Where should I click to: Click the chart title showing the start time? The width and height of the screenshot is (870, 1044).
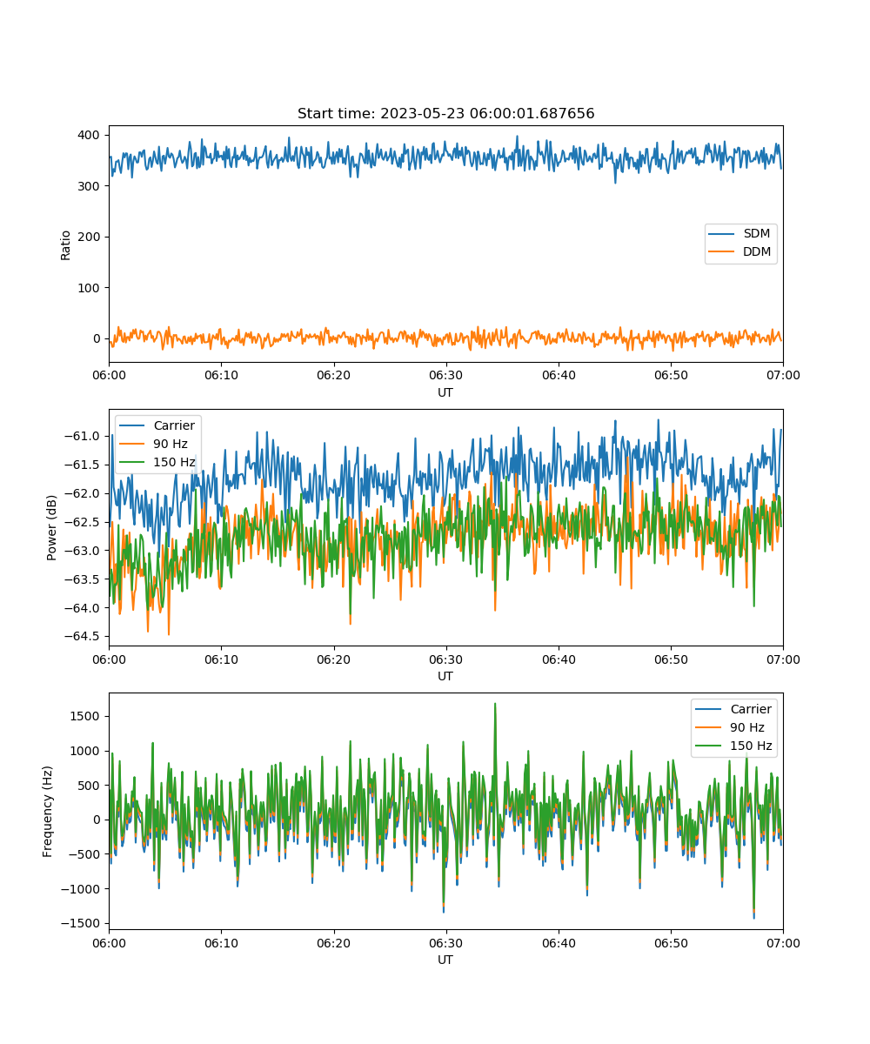point(445,113)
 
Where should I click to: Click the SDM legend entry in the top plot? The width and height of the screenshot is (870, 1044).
point(739,233)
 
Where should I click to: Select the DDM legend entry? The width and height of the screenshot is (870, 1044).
point(739,251)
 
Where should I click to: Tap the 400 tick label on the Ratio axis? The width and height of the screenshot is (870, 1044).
point(89,135)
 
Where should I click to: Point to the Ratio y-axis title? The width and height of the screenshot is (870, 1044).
point(65,245)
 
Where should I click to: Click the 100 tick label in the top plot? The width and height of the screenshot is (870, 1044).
point(89,288)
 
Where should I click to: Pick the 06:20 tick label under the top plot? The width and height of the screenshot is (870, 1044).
point(333,375)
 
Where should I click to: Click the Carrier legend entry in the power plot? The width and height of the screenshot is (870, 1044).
point(157,425)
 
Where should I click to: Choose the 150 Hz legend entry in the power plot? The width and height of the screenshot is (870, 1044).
point(157,462)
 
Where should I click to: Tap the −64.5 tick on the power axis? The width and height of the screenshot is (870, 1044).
point(82,636)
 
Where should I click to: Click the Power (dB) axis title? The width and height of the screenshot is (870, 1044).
point(51,527)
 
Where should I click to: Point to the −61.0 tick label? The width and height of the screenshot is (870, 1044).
point(82,436)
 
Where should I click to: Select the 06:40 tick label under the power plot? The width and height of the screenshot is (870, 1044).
point(559,659)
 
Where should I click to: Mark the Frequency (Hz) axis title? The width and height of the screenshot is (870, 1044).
point(48,812)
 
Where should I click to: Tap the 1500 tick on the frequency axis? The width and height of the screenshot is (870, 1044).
point(85,716)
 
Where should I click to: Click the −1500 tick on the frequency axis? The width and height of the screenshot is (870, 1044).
point(80,923)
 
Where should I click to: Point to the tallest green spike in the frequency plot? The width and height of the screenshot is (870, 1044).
point(495,704)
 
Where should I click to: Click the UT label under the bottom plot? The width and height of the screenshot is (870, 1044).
point(445,960)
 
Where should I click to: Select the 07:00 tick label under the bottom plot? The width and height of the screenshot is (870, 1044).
point(783,943)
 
